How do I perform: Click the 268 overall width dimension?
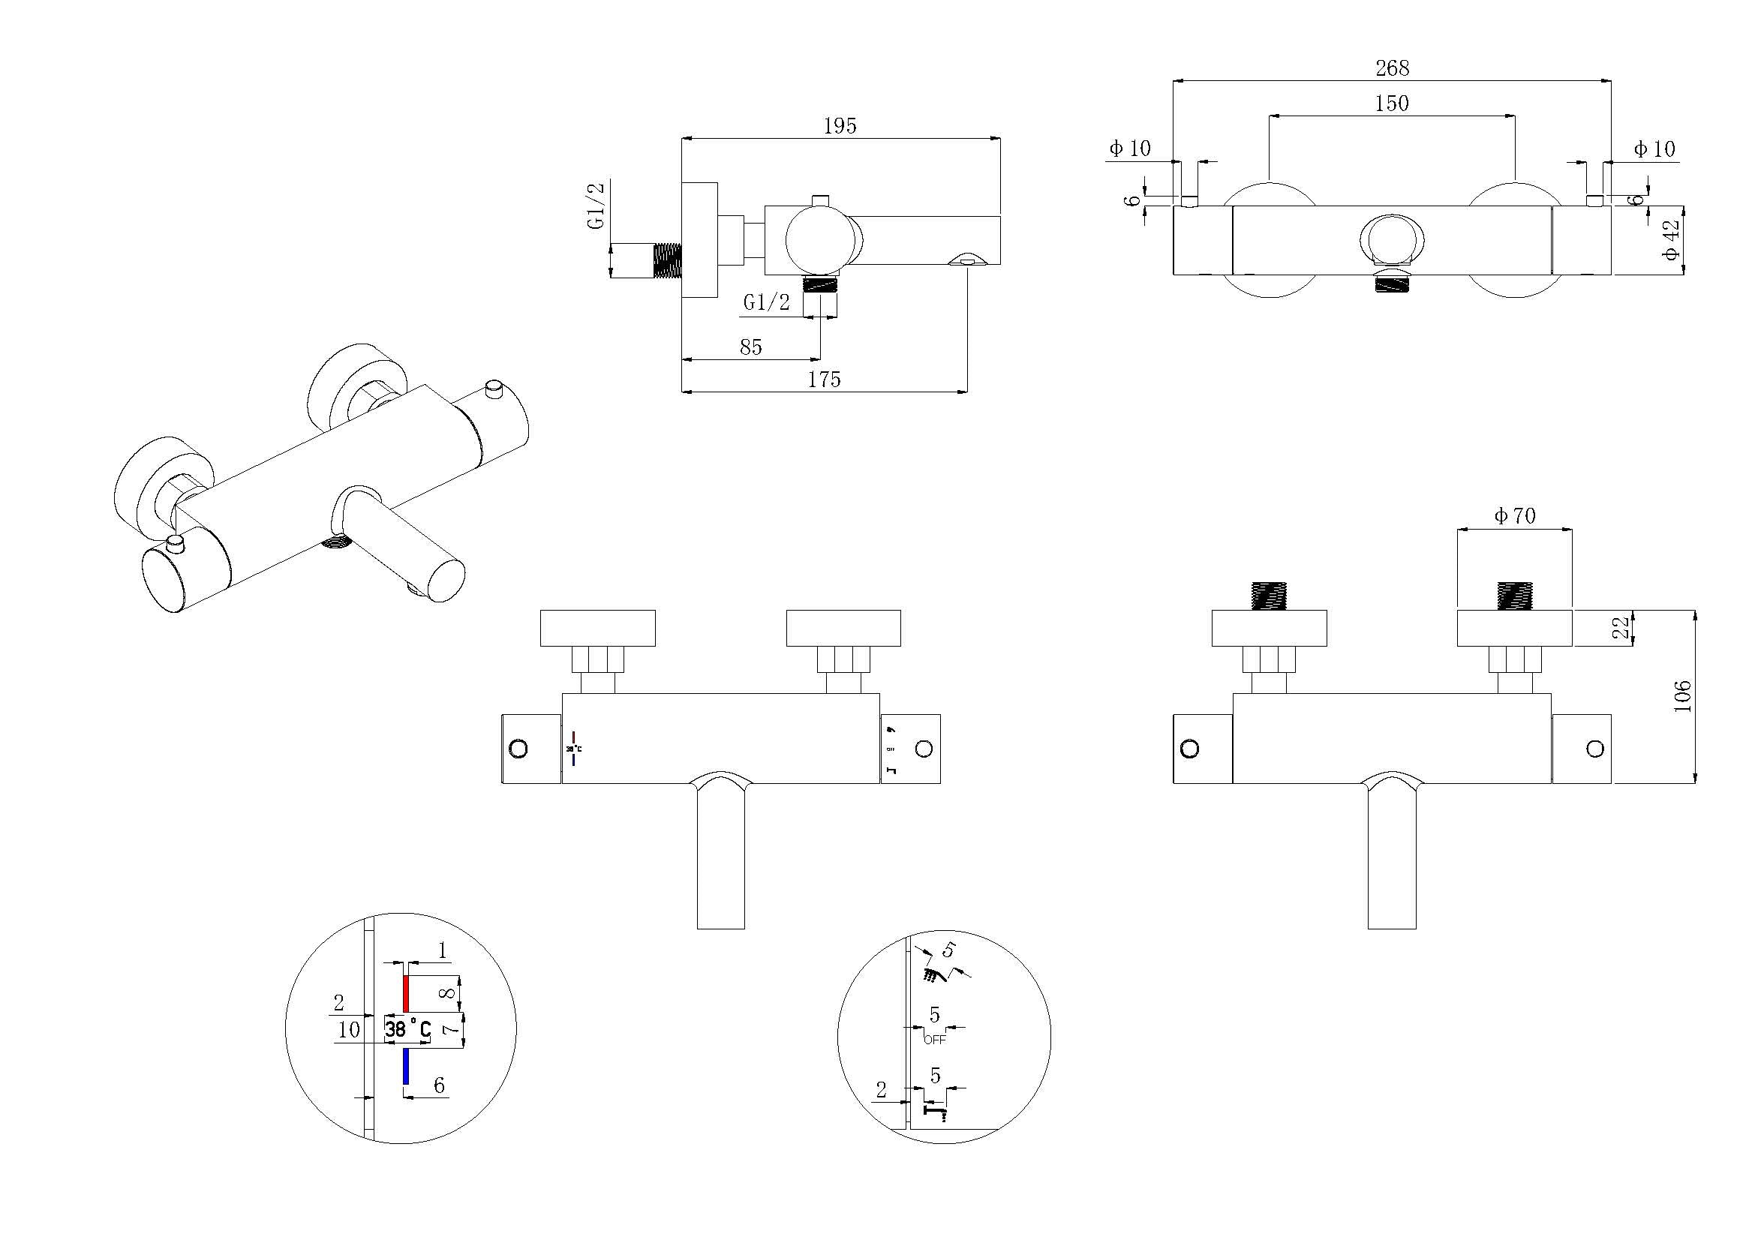click(x=1392, y=68)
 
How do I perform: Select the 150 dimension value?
click(x=1391, y=103)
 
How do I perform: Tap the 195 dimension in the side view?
click(x=840, y=126)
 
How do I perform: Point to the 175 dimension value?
click(x=824, y=379)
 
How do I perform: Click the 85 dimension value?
click(x=750, y=347)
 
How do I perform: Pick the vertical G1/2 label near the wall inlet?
click(x=597, y=205)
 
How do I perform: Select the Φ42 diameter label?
click(x=1672, y=239)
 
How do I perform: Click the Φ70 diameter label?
click(x=1514, y=516)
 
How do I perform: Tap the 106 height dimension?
click(x=1682, y=696)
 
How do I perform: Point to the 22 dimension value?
click(x=1621, y=628)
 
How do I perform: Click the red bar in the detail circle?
click(x=406, y=993)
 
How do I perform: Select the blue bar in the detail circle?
click(x=406, y=1067)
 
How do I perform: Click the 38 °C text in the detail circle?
click(x=407, y=1029)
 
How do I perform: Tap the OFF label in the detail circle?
click(x=934, y=1040)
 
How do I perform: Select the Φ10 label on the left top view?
click(x=1130, y=149)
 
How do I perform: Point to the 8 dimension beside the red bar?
click(x=449, y=992)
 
